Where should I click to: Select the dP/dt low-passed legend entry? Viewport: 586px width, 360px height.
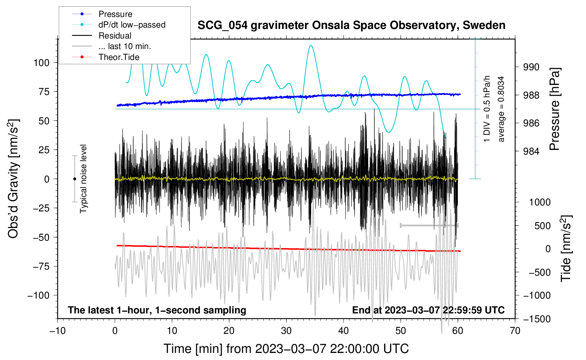pos(132,25)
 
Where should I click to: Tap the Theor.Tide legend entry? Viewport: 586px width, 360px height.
pos(119,57)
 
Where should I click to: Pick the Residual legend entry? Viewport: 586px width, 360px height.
pos(115,36)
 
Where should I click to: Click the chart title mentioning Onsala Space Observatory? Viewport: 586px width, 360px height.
pos(351,25)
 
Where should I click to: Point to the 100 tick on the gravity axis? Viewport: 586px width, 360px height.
pos(41,63)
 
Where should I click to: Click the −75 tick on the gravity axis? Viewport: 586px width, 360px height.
pos(41,266)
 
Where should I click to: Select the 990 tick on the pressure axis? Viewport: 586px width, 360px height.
pos(531,67)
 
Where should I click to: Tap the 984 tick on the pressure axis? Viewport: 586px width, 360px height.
pos(531,151)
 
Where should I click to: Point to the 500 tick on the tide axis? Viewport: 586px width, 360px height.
pos(542,226)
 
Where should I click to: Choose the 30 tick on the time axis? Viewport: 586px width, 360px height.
pos(286,331)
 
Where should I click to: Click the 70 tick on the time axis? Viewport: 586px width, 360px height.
pos(515,331)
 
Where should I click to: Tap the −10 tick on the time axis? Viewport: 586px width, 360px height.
pos(58,331)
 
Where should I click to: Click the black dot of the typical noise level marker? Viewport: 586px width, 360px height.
pos(74,179)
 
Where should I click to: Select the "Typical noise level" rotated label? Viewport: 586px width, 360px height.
pos(83,179)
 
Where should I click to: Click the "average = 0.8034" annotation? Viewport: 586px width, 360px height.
pos(501,109)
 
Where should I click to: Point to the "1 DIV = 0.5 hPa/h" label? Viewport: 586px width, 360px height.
pos(487,109)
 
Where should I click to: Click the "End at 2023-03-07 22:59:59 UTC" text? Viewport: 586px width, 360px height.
pos(428,310)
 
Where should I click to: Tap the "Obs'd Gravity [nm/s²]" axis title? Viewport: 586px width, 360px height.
pos(13,179)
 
